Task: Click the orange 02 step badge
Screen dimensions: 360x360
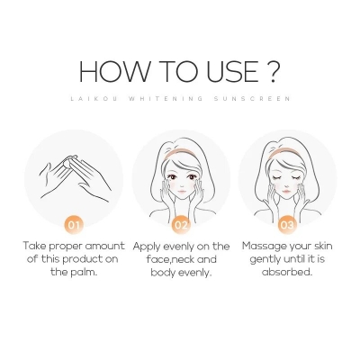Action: pyautogui.click(x=181, y=222)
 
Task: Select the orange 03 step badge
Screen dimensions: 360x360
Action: pyautogui.click(x=284, y=222)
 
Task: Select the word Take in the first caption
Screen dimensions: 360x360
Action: pyautogui.click(x=39, y=245)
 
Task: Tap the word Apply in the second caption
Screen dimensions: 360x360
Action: pyautogui.click(x=150, y=245)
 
